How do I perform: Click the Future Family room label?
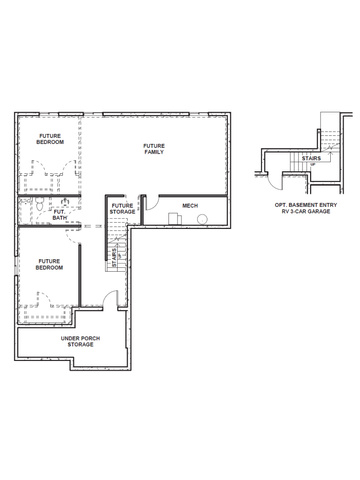(154, 149)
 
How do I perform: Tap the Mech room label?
(190, 206)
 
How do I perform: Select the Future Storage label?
(123, 209)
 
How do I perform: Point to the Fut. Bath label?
(60, 215)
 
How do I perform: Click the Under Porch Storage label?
(80, 341)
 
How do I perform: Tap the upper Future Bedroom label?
(50, 139)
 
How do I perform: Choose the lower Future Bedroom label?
(49, 264)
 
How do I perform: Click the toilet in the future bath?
(39, 203)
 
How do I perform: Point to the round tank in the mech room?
(202, 219)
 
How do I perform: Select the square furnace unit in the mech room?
(175, 219)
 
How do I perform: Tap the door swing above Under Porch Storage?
(110, 299)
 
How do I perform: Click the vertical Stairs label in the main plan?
(114, 257)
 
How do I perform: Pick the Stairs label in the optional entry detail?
(311, 158)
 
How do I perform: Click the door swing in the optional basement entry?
(275, 182)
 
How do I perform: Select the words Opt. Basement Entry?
(306, 205)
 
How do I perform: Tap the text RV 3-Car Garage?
(306, 211)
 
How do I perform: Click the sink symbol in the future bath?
(65, 201)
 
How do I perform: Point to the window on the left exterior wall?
(16, 266)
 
